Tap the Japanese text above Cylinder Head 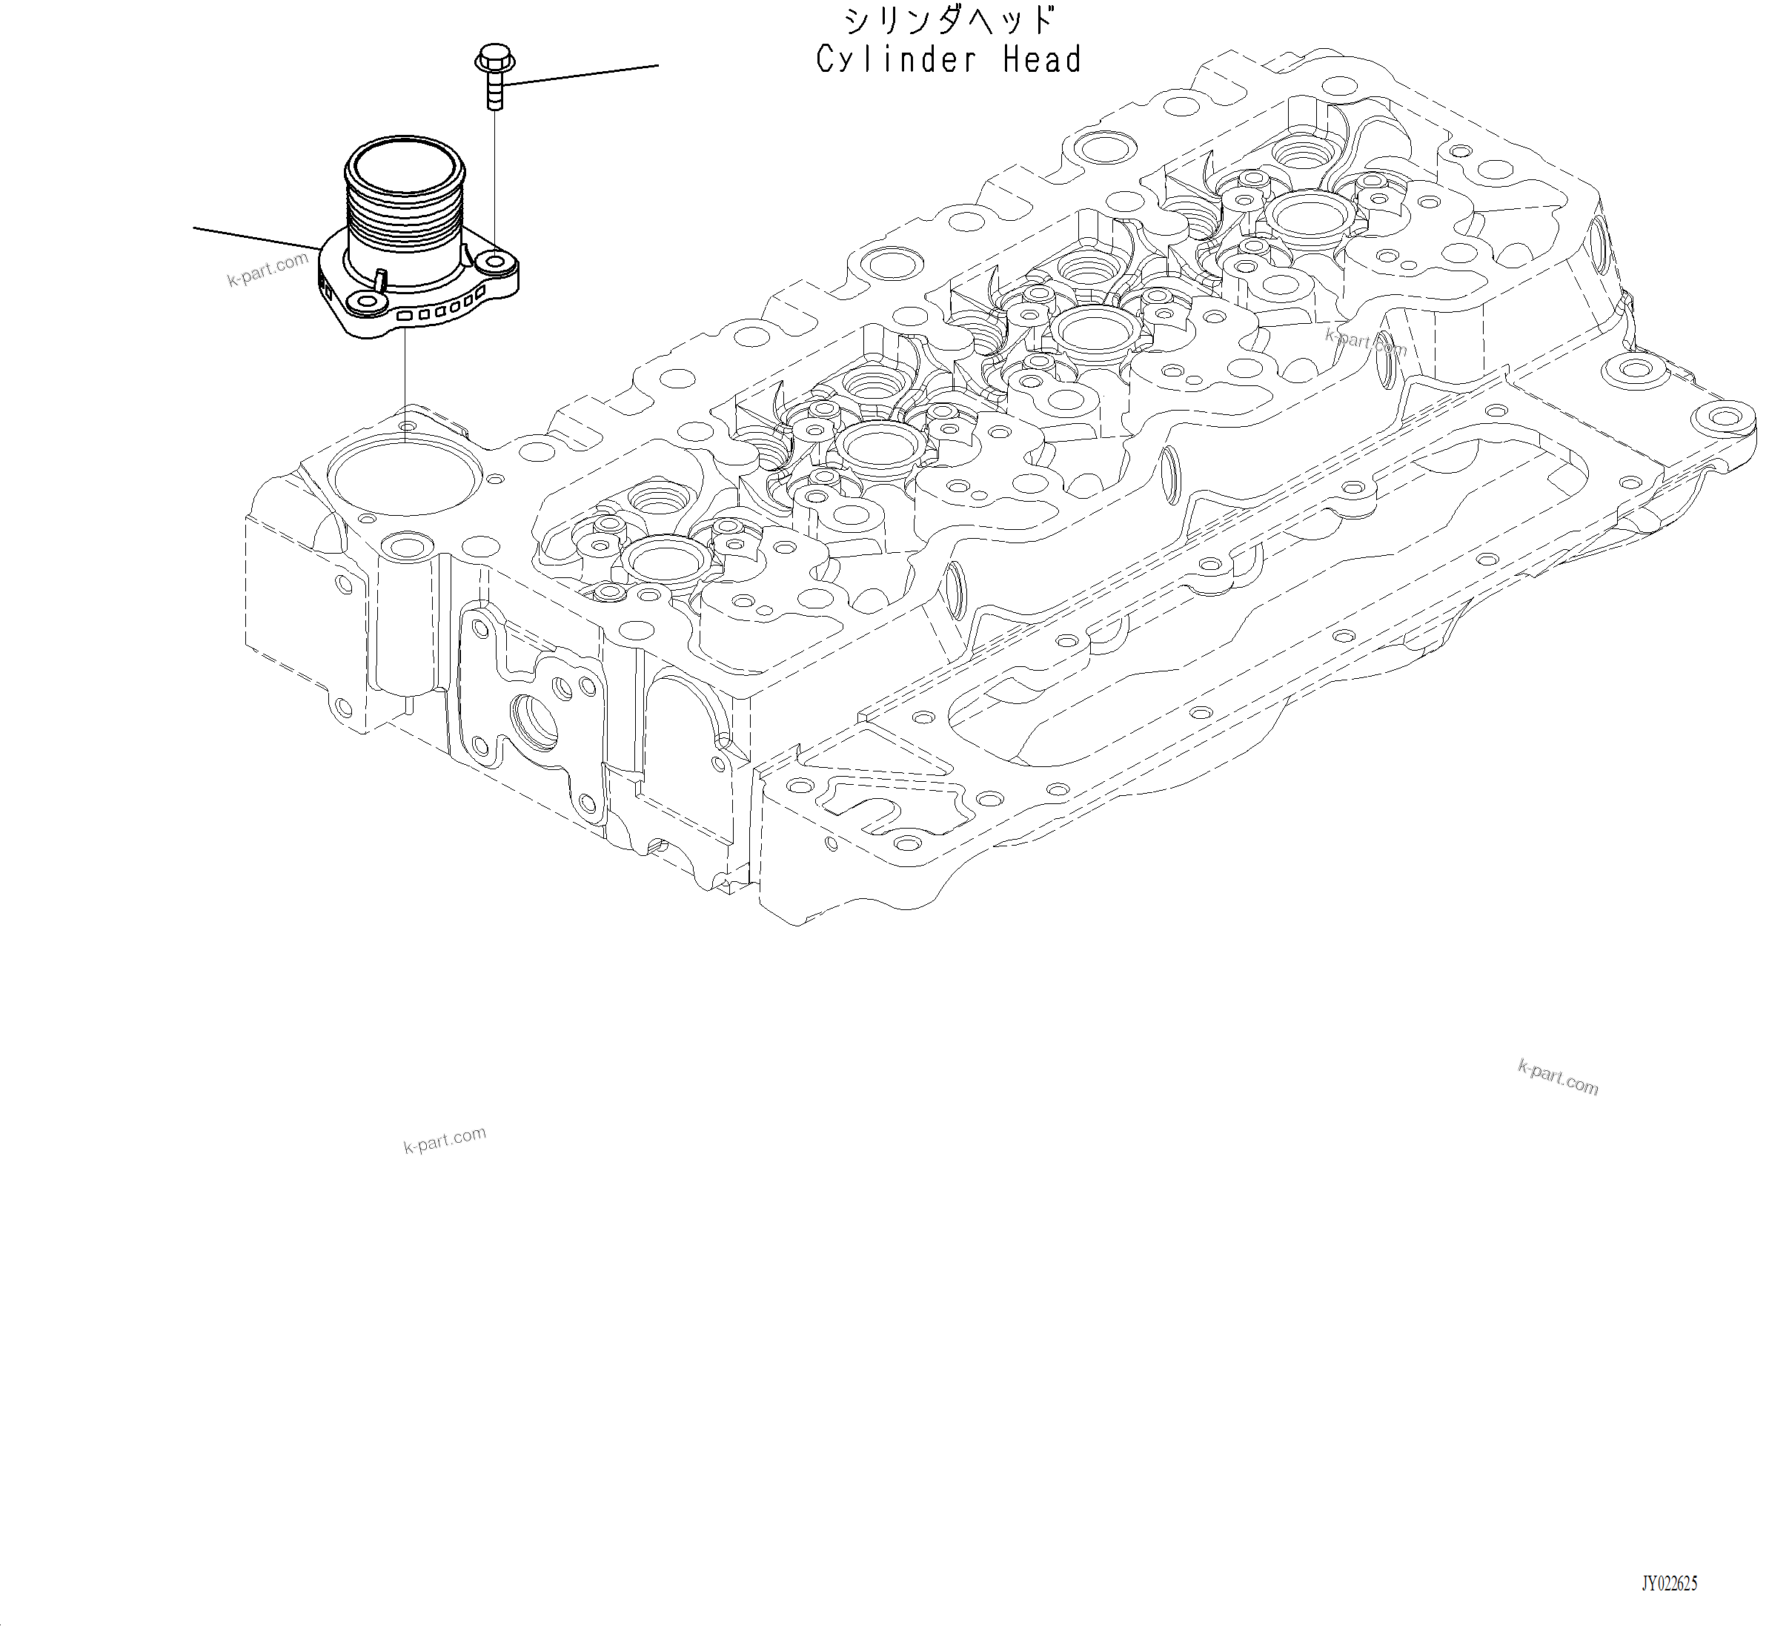(949, 20)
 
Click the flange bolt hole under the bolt (496, 262)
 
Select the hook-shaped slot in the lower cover (866, 807)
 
